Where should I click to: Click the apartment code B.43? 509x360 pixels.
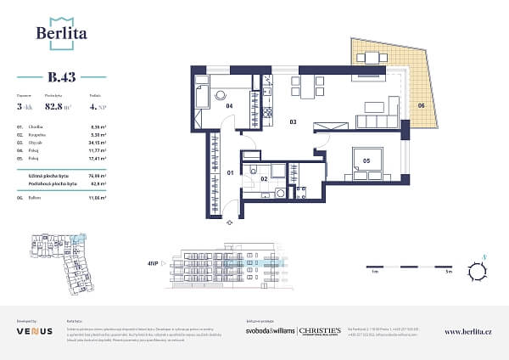61,76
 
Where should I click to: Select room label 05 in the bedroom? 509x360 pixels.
367,157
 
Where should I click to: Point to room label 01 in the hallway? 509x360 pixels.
219,173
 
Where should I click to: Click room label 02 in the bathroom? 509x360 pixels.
264,179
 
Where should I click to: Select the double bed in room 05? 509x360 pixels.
370,160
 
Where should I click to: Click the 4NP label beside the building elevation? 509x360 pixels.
154,264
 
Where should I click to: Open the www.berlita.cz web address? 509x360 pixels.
468,331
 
